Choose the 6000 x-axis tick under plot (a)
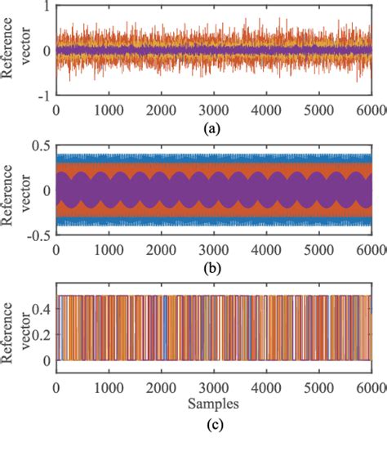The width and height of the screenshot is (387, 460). click(371, 109)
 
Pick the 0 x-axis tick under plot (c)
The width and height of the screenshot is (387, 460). click(56, 387)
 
